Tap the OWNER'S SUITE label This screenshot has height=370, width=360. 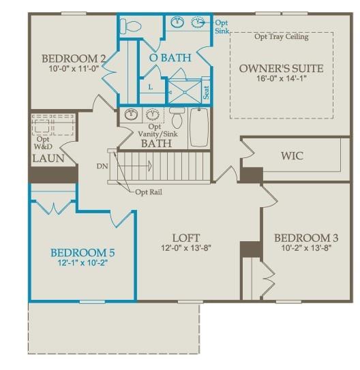tap(281, 68)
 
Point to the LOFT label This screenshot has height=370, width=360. tap(185, 238)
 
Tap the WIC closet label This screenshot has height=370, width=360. tap(292, 156)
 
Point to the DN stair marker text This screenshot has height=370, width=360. tap(103, 166)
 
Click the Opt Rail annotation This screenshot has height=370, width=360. tap(149, 192)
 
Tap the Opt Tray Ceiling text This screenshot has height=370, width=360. tap(281, 37)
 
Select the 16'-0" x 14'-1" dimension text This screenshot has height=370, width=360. tap(281, 79)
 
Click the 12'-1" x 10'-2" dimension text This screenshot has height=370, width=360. tap(82, 263)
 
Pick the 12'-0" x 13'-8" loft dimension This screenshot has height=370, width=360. tap(185, 248)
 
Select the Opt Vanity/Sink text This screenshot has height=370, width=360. tap(155, 130)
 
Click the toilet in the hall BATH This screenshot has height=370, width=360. tap(177, 119)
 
